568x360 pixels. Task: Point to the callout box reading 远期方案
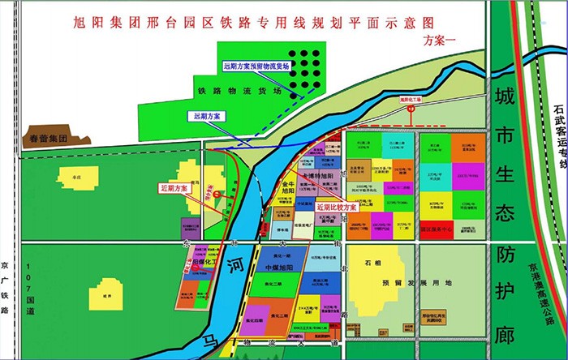(208, 117)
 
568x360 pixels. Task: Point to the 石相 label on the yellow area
(374, 264)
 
